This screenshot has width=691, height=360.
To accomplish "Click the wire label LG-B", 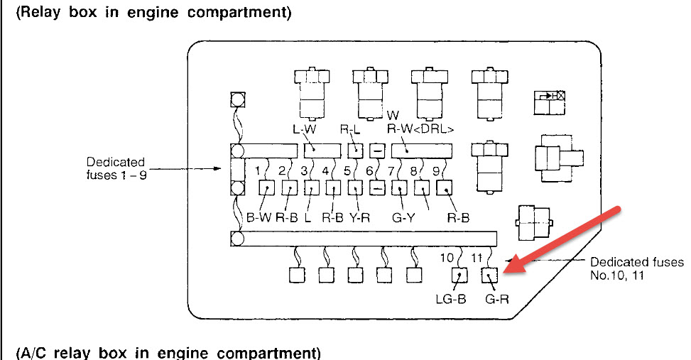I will pyautogui.click(x=451, y=299).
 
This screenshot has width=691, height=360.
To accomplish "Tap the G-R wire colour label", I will pyautogui.click(x=496, y=299).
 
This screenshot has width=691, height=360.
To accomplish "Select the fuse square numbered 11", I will pyautogui.click(x=491, y=274).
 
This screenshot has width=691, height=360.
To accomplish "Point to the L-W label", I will pyautogui.click(x=303, y=129).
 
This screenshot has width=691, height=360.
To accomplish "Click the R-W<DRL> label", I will pyautogui.click(x=420, y=129).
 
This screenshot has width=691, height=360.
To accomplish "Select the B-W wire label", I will pyautogui.click(x=259, y=217).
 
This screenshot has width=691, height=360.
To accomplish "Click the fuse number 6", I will pyautogui.click(x=369, y=170).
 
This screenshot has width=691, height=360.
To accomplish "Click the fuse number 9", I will pyautogui.click(x=435, y=170).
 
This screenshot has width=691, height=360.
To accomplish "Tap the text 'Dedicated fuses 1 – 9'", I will pyautogui.click(x=116, y=168).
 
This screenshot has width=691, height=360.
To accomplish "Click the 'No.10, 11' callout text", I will pyautogui.click(x=617, y=275).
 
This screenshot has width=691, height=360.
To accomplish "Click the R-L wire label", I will pyautogui.click(x=350, y=129).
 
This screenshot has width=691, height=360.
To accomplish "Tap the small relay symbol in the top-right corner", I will pyautogui.click(x=550, y=103).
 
